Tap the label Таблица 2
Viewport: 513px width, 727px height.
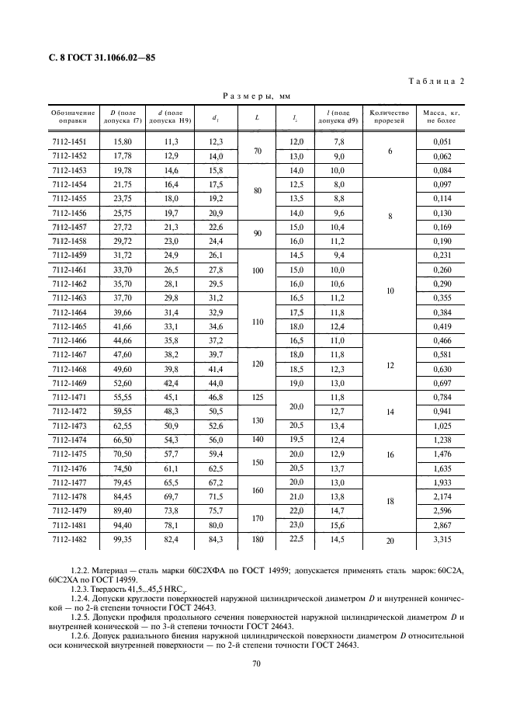point(436,82)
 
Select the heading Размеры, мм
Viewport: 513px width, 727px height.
point(255,96)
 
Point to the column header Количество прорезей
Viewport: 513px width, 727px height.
point(389,117)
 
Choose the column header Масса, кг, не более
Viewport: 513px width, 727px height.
point(442,117)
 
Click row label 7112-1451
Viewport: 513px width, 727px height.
point(69,141)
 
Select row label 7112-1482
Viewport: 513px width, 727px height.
point(69,538)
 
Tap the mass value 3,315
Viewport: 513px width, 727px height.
point(441,538)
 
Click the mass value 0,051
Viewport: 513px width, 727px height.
point(441,141)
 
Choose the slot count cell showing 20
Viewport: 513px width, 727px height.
point(390,538)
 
